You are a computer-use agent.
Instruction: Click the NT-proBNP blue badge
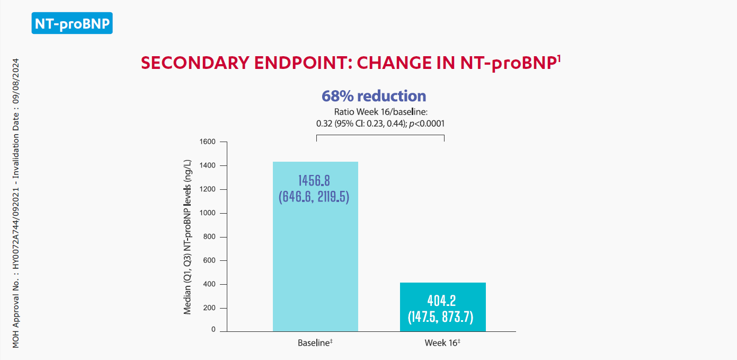click(x=72, y=23)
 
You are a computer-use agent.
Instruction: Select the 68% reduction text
click(x=374, y=96)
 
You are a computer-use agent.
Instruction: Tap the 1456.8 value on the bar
click(x=314, y=180)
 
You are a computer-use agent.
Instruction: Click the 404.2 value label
click(x=441, y=301)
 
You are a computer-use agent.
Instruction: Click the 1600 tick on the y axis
click(x=207, y=142)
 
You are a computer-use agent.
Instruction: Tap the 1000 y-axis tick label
click(x=207, y=213)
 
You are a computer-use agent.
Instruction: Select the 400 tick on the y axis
click(x=209, y=285)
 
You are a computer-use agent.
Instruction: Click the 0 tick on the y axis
click(x=214, y=330)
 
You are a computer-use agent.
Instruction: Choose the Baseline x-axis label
click(x=315, y=343)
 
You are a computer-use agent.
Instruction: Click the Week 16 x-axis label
click(x=442, y=343)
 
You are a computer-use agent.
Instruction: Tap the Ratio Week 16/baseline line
click(x=380, y=112)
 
